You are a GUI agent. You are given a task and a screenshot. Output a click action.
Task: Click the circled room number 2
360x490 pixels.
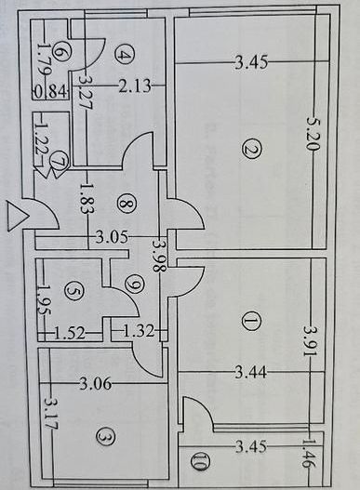click(x=247, y=149)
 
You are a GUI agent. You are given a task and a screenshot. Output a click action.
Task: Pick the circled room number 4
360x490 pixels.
click(x=127, y=56)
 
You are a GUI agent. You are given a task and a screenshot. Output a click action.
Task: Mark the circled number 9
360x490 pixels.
click(x=135, y=283)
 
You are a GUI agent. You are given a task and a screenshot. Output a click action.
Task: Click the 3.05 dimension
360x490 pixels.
click(x=113, y=236)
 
